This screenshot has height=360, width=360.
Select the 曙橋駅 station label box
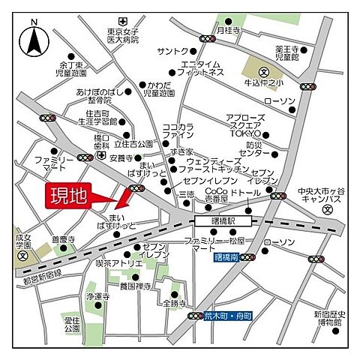click(223, 221)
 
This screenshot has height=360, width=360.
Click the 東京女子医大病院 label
click(123, 37)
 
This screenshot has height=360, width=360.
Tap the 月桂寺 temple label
click(227, 30)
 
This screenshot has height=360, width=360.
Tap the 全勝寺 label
click(175, 303)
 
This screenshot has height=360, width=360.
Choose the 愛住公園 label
click(72, 324)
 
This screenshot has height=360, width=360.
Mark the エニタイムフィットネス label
click(202, 68)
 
